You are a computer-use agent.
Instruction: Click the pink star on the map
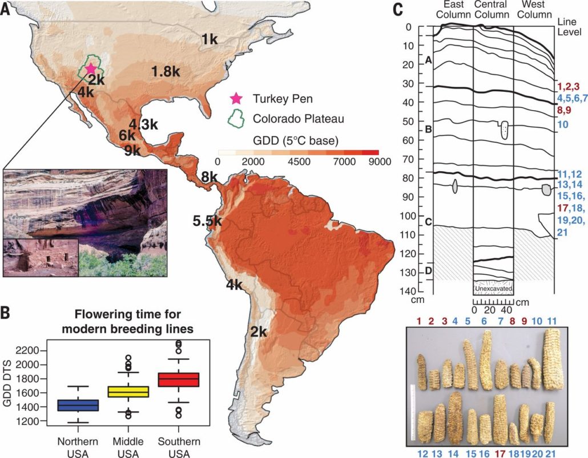coord(90,68)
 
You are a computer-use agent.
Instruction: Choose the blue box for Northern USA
coord(78,405)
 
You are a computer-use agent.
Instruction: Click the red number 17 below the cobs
coord(500,452)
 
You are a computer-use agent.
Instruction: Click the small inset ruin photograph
coord(40,258)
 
